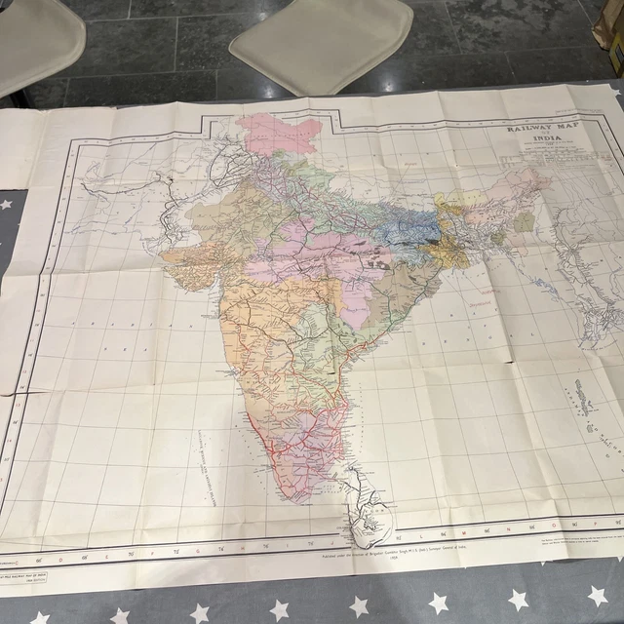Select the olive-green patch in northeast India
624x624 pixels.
(x=525, y=223)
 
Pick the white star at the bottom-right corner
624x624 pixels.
(x=597, y=594)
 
